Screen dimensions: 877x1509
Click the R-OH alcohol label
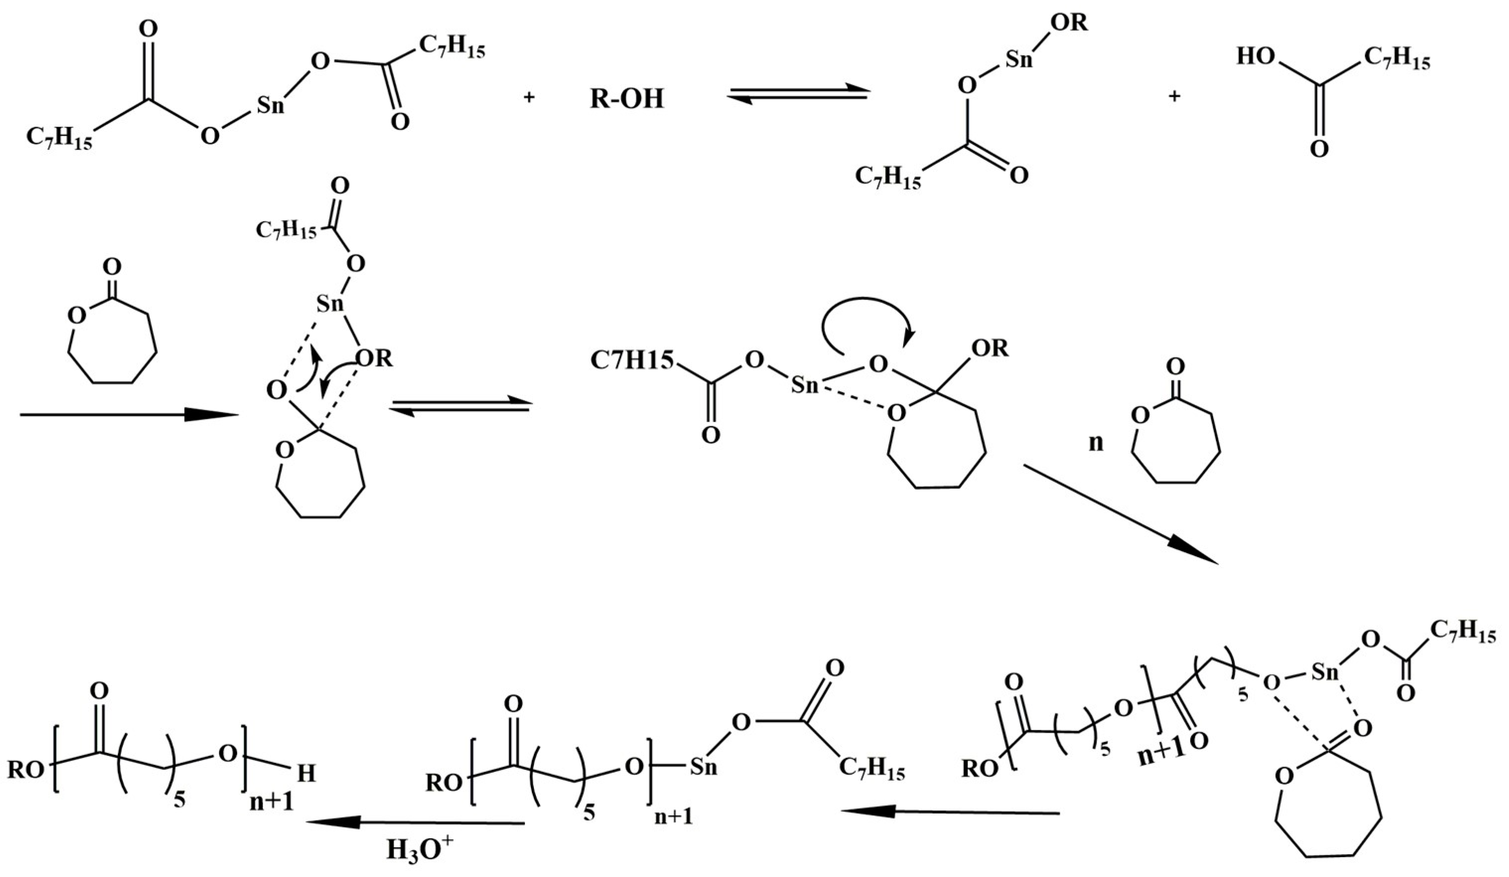click(627, 98)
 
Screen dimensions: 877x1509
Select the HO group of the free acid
click(1256, 57)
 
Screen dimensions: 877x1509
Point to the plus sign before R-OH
click(529, 98)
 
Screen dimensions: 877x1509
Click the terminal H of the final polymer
click(306, 774)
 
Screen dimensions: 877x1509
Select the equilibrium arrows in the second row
click(460, 407)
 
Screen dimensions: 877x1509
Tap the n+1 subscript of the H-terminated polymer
click(271, 802)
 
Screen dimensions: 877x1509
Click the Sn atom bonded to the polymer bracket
click(703, 767)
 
